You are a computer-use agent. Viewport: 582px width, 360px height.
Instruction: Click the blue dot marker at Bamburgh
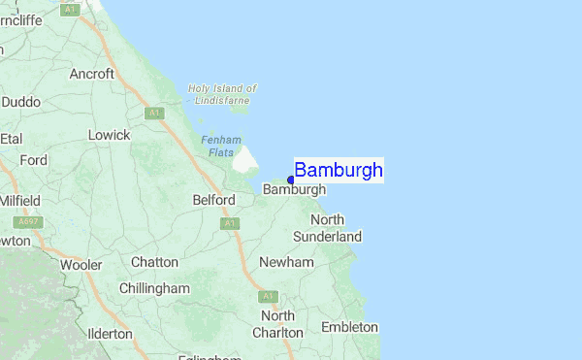pyautogui.click(x=291, y=180)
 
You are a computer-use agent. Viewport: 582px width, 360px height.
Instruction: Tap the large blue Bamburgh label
pyautogui.click(x=339, y=171)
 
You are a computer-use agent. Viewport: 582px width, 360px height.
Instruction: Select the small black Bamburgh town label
pyautogui.click(x=294, y=190)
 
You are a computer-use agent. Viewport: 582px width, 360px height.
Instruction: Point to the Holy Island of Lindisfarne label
pyautogui.click(x=222, y=94)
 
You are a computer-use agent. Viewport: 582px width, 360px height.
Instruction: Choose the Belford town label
pyautogui.click(x=213, y=200)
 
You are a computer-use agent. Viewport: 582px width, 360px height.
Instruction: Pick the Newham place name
pyautogui.click(x=286, y=262)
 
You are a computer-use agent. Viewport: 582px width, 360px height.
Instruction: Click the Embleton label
pyautogui.click(x=349, y=327)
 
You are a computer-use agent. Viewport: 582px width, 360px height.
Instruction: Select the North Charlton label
pyautogui.click(x=277, y=324)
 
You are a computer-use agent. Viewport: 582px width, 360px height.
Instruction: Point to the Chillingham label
pyautogui.click(x=154, y=288)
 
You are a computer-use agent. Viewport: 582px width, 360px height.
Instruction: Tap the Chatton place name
pyautogui.click(x=154, y=262)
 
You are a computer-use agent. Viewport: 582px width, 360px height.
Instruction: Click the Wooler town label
pyautogui.click(x=81, y=264)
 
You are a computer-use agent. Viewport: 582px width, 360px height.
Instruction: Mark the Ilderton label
pyautogui.click(x=110, y=333)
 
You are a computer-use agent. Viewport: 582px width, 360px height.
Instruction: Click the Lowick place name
pyautogui.click(x=109, y=135)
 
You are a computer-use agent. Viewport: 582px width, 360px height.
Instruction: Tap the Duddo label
pyautogui.click(x=20, y=101)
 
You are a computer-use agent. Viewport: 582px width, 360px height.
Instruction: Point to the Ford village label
pyautogui.click(x=33, y=160)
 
